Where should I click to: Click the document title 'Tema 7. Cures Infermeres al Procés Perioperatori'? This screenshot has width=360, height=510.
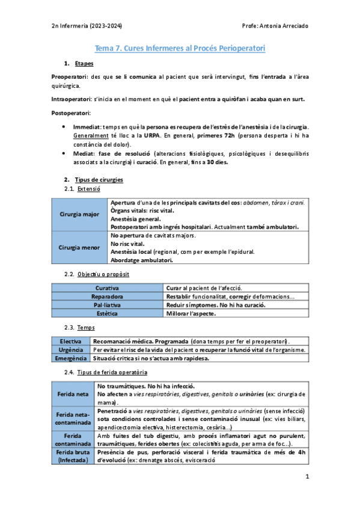click(180, 48)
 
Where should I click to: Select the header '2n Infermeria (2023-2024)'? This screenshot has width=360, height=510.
click(87, 26)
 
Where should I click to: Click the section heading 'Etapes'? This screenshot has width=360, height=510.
click(84, 64)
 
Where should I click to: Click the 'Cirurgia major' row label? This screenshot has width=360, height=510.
click(80, 215)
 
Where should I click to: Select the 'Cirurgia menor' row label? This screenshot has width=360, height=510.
click(80, 248)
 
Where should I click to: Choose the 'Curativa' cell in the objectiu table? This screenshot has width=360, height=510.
click(106, 289)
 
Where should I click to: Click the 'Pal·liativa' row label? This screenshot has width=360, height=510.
click(106, 305)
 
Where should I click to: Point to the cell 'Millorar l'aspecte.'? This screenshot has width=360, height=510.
click(191, 313)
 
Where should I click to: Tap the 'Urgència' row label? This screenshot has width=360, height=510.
click(72, 350)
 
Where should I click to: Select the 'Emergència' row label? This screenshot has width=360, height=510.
click(72, 358)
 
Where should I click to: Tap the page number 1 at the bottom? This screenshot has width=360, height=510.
click(307, 478)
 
